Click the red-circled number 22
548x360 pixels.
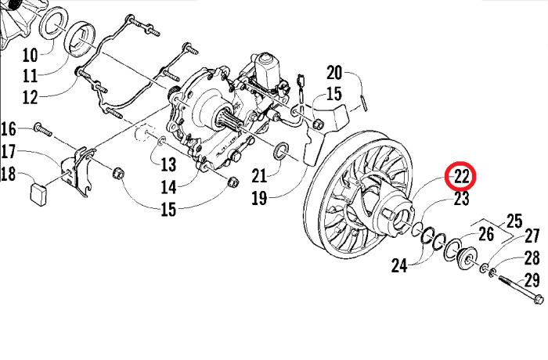coord(461,177)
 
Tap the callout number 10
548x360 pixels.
coord(30,55)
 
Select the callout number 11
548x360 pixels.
coord(30,75)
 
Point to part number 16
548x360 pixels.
coord(9,129)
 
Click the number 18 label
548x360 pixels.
coord(9,174)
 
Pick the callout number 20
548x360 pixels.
coord(334,73)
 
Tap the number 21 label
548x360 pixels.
coord(259,176)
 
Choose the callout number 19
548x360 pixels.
coord(259,198)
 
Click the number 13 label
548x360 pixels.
coord(168,164)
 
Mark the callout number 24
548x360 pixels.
coord(399,265)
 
